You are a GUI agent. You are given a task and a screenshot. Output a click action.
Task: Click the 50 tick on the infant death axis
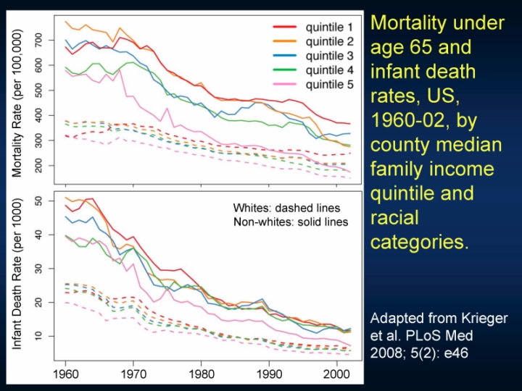click(48, 201)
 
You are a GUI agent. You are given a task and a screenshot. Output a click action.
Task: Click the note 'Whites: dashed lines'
click(286, 209)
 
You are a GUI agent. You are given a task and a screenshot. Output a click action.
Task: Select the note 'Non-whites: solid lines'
click(291, 222)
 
